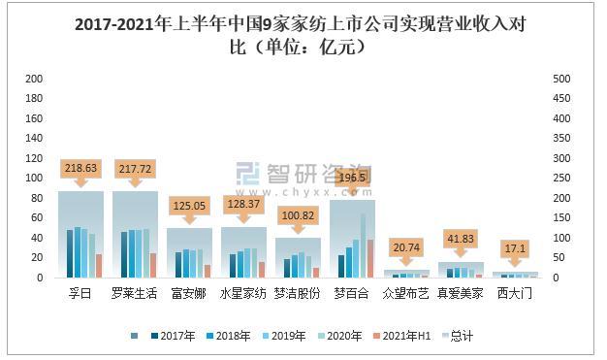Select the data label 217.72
tap(135, 168)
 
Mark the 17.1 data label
tap(515, 247)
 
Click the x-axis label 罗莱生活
tap(135, 293)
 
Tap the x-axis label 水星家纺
tap(243, 293)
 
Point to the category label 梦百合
tap(352, 293)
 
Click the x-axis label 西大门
tap(515, 293)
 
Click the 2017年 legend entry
tap(173, 336)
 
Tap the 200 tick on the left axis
tap(33, 79)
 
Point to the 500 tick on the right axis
tap(560, 79)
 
